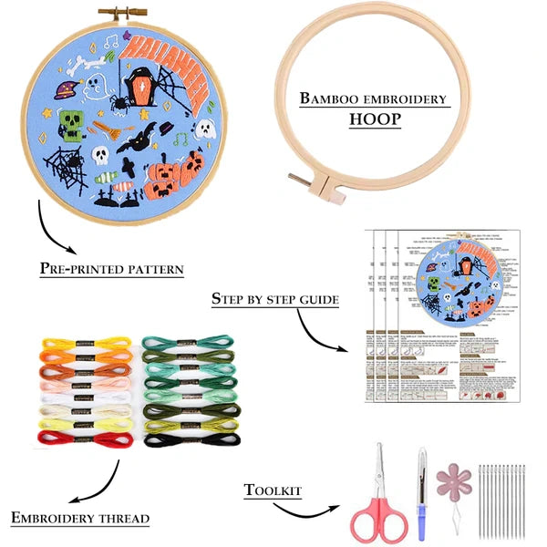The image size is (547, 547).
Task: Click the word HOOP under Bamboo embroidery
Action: point(374,119)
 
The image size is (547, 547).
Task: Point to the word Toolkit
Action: point(273,490)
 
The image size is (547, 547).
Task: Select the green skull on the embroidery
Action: point(73,124)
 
